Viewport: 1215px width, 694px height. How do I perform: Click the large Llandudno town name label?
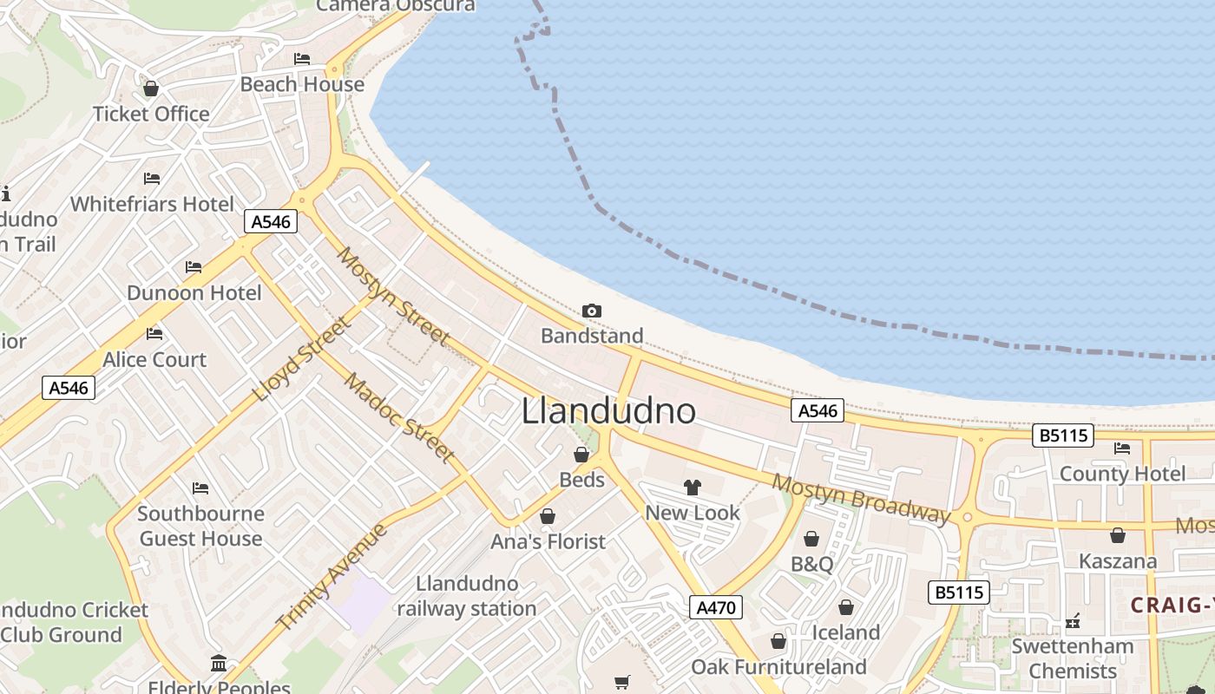coord(608,411)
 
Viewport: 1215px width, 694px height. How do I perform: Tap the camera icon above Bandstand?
coord(592,311)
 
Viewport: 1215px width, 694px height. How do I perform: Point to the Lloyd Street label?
coord(301,359)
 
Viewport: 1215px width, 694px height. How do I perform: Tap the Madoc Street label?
coord(399,418)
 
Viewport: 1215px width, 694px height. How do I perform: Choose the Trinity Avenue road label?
coord(331,576)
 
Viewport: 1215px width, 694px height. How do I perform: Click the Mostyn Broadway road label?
coord(861,499)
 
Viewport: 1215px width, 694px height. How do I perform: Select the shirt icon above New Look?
coord(692,488)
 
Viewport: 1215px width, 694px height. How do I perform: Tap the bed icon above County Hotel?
coord(1122,448)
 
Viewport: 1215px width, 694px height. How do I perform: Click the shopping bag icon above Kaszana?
coord(1118,535)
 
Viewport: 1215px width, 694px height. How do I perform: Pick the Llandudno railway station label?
coord(467,596)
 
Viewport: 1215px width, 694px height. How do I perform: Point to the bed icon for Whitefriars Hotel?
coord(152,179)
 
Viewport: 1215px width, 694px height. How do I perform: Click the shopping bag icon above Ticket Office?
coord(151,88)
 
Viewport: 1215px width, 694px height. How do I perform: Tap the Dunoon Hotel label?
coord(194,293)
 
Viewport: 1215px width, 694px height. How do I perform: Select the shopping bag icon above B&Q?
coord(811,539)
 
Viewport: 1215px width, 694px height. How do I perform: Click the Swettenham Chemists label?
coord(1073,658)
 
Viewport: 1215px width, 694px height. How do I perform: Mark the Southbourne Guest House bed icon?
coord(200,488)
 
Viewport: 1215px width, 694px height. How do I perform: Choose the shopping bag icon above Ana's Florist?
coord(548,516)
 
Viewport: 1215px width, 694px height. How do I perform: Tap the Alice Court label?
coord(154,359)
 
